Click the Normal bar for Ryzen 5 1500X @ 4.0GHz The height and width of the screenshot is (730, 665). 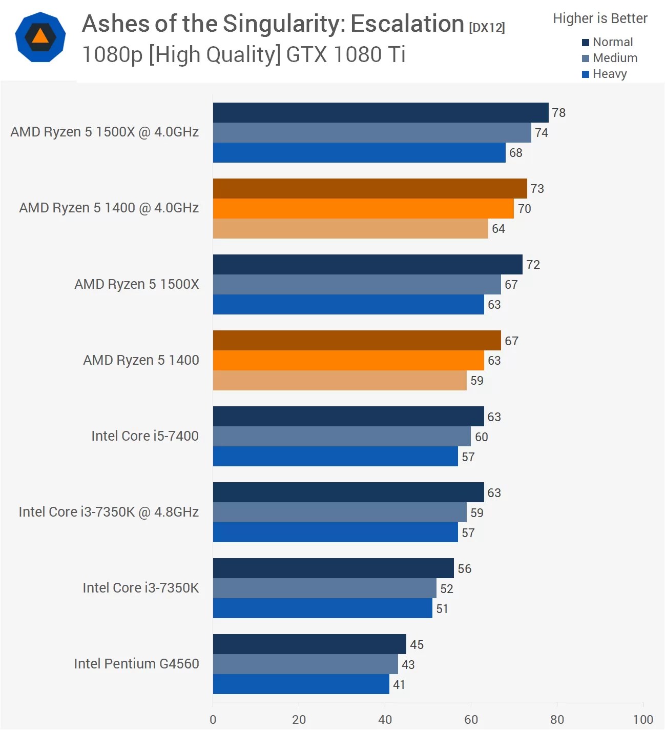point(380,112)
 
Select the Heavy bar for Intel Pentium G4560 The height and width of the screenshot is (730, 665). point(301,684)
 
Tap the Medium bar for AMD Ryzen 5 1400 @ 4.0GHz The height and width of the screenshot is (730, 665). point(363,208)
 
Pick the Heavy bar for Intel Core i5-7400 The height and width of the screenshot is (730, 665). point(335,457)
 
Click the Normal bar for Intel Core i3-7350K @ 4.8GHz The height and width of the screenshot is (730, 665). point(348,492)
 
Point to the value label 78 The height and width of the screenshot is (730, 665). point(558,113)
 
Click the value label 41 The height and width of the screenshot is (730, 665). point(399,685)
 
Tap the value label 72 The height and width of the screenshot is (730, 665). point(533,265)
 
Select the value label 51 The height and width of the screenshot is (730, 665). point(442,609)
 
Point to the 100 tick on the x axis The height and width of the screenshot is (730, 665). point(642,720)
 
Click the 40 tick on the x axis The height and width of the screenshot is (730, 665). point(385,720)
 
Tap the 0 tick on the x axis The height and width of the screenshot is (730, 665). point(213,720)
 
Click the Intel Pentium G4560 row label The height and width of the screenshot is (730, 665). point(136,664)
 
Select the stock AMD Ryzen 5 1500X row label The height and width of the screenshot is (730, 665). point(136,284)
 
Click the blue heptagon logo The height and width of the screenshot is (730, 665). point(40,37)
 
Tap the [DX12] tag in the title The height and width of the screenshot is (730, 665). point(487,28)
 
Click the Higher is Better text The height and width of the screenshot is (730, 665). point(600,18)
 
